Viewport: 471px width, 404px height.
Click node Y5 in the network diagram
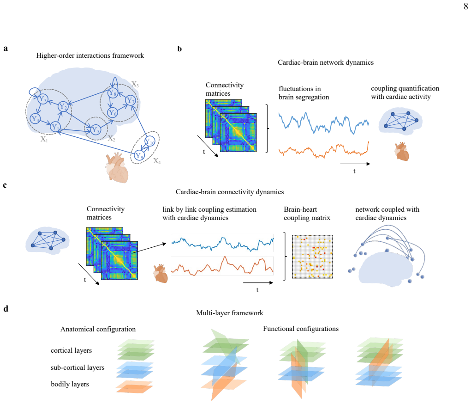(95, 130)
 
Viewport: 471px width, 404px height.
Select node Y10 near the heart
(149, 141)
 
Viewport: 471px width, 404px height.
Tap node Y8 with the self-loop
(113, 93)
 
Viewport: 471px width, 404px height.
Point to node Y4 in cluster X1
(35, 119)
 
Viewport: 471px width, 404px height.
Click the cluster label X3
(135, 84)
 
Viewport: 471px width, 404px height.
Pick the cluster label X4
(157, 161)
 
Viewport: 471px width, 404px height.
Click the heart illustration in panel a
(117, 168)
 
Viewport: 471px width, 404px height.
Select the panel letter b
(179, 49)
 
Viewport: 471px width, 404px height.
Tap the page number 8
(465, 6)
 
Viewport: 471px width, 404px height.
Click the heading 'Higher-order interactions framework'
(90, 55)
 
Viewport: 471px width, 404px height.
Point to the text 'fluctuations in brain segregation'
(304, 93)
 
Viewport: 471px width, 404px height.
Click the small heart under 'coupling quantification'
(402, 152)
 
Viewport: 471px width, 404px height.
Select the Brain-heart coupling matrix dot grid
(312, 257)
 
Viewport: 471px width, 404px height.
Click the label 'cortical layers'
(71, 350)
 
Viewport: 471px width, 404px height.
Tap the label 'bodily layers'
(70, 384)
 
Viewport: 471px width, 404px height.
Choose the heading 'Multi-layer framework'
(229, 313)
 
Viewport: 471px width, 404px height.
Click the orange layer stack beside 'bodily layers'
(135, 386)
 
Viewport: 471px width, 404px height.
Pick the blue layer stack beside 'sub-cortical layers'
(135, 370)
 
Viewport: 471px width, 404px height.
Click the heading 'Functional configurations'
(301, 329)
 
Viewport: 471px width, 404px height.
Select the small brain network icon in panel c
(48, 240)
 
